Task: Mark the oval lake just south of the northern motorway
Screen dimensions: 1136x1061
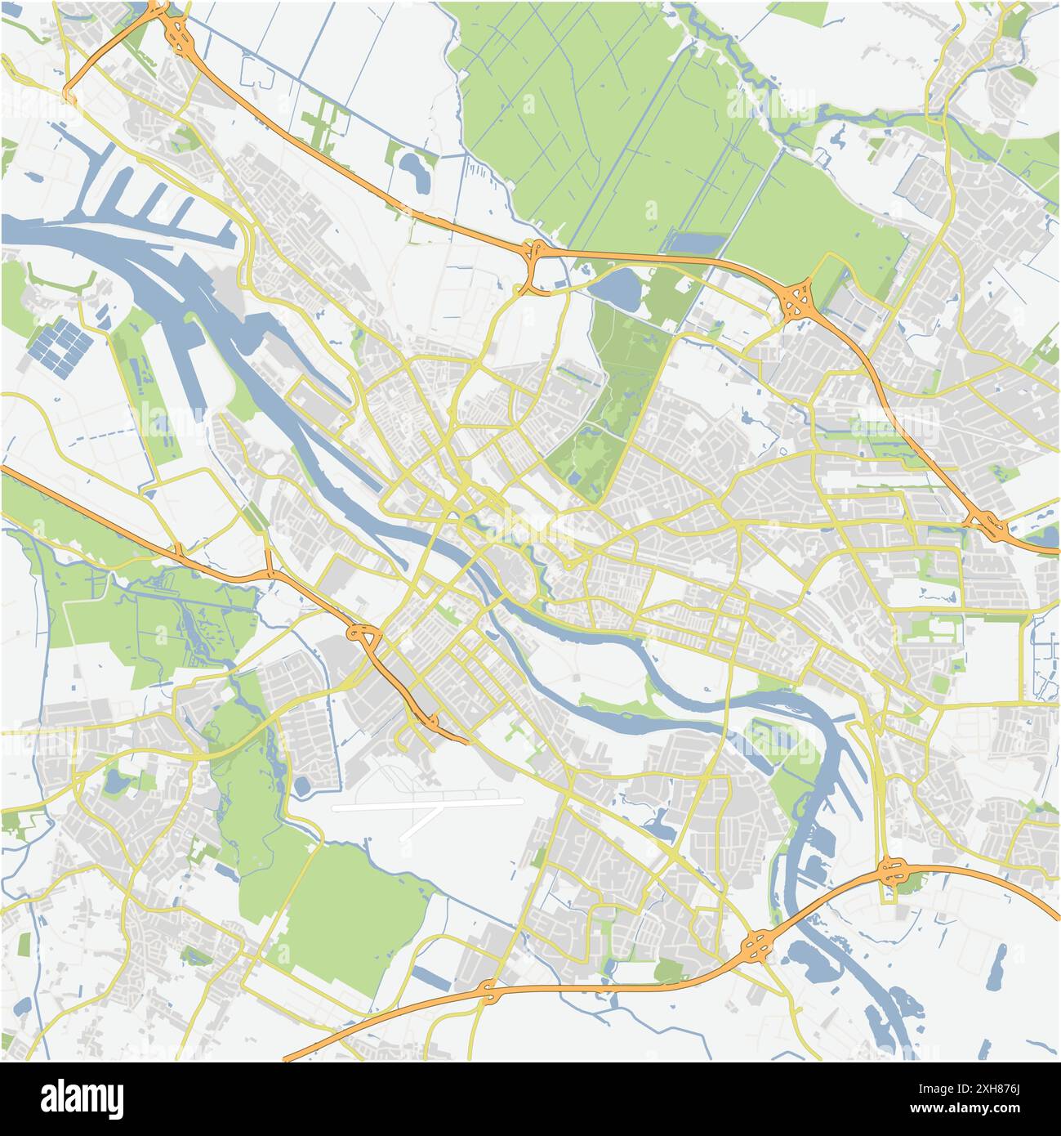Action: pyautogui.click(x=619, y=287)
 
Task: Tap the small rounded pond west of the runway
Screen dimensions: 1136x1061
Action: pyautogui.click(x=301, y=787)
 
